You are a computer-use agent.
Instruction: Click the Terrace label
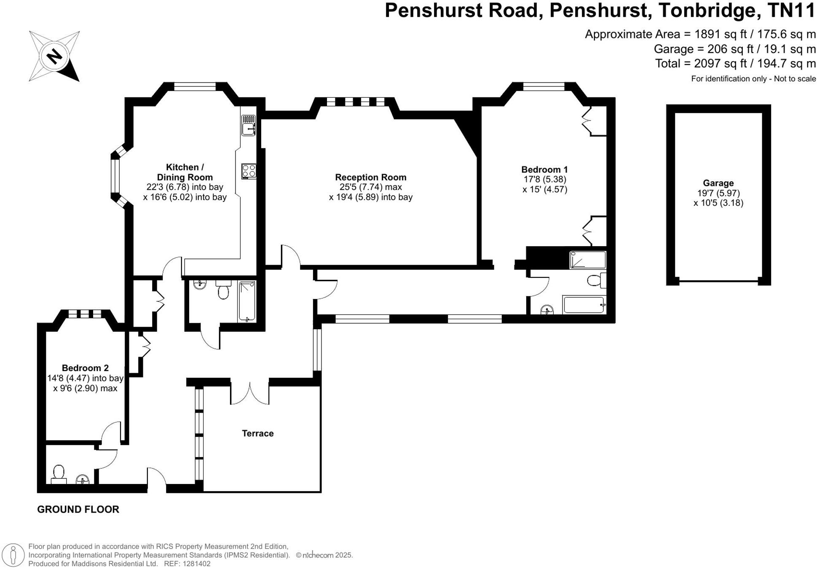tap(257, 433)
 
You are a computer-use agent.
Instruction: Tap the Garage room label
tap(718, 183)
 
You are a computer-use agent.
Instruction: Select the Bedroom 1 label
tap(544, 169)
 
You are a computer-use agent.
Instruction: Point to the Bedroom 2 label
tap(85, 368)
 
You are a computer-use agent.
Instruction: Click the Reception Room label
tap(370, 177)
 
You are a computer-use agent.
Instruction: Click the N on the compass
tap(54, 56)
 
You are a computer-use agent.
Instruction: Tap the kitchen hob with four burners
tap(249, 171)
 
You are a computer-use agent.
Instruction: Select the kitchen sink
tap(248, 125)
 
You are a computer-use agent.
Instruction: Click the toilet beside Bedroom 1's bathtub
tap(595, 280)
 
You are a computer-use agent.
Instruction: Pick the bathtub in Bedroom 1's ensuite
tap(584, 305)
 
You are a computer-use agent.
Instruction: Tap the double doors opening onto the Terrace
tap(250, 393)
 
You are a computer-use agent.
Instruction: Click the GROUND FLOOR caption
tap(78, 509)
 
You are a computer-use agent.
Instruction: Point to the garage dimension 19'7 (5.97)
tap(718, 193)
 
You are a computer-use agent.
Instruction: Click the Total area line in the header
tap(735, 64)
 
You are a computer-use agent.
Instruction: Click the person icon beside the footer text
tap(13, 555)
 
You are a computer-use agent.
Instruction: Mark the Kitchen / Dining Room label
tap(185, 172)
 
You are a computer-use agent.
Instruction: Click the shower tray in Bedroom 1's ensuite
tap(587, 260)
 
